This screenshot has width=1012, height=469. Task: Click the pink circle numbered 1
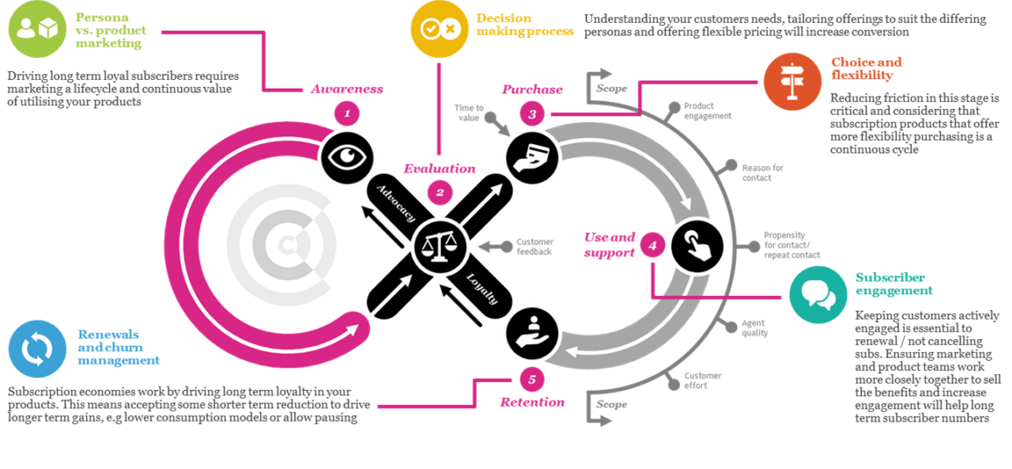(346, 113)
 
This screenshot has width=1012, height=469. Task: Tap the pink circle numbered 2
(439, 192)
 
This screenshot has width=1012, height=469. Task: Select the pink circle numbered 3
(532, 114)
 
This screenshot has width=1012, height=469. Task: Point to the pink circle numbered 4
(652, 246)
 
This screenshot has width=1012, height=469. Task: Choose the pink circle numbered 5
(532, 380)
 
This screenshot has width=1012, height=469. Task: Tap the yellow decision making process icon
(440, 29)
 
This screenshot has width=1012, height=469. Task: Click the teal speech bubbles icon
(818, 294)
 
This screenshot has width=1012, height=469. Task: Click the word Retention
(532, 402)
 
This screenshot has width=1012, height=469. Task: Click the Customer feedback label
(535, 246)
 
